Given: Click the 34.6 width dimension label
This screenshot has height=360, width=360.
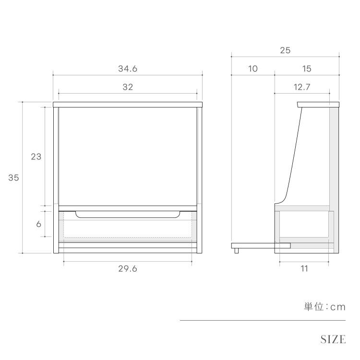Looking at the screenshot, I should pyautogui.click(x=128, y=69).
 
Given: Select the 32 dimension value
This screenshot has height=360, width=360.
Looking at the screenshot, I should pyautogui.click(x=128, y=87).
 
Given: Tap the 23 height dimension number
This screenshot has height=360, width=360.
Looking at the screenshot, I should pyautogui.click(x=36, y=156).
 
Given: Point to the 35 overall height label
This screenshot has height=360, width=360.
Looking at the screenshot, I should pyautogui.click(x=13, y=178).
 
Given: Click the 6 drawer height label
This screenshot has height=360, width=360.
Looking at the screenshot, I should pyautogui.click(x=38, y=224).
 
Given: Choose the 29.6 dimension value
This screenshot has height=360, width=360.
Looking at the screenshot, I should pyautogui.click(x=128, y=269).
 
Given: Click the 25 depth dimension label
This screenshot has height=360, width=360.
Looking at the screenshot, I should pyautogui.click(x=285, y=50).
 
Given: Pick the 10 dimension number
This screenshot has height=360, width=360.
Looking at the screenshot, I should pyautogui.click(x=252, y=69).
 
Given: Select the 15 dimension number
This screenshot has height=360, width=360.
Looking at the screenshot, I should pyautogui.click(x=307, y=69).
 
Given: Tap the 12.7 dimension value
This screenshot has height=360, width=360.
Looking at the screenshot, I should pyautogui.click(x=302, y=87).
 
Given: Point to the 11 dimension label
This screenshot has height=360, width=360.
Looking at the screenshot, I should pyautogui.click(x=304, y=269).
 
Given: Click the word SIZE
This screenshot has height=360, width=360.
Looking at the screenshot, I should pyautogui.click(x=333, y=339).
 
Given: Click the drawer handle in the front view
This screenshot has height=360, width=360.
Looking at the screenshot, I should pyautogui.click(x=128, y=215).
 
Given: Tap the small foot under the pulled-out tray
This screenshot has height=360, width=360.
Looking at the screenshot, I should pyautogui.click(x=236, y=250).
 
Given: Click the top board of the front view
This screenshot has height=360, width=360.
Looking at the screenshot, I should pyautogui.click(x=128, y=104).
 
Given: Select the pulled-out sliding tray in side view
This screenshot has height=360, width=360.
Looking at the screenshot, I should pyautogui.click(x=261, y=245).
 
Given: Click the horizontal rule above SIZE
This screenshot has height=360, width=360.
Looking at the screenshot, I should pyautogui.click(x=263, y=320).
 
